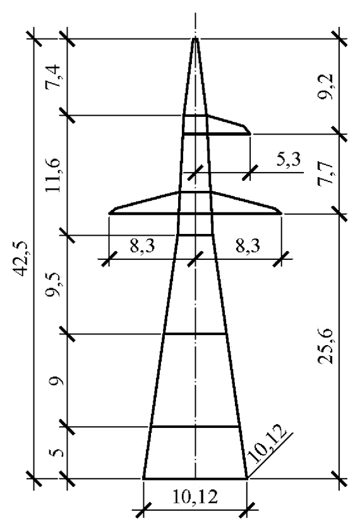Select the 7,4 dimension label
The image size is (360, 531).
coord(54,76)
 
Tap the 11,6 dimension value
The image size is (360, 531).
coord(54,174)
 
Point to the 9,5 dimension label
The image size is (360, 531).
coord(54,284)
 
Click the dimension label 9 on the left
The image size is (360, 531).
coord(55,382)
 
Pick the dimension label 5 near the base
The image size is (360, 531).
coord(55,453)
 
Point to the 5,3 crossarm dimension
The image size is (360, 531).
coord(289,159)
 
